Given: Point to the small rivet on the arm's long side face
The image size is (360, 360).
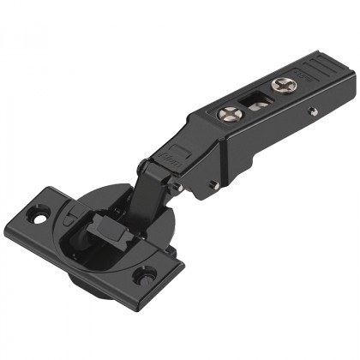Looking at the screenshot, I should click(313, 111).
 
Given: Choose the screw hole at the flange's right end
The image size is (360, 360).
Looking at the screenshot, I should click(147, 276).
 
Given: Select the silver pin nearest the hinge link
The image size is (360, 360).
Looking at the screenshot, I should click(178, 183).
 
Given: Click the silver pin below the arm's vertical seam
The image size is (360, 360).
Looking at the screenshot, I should click(213, 184).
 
